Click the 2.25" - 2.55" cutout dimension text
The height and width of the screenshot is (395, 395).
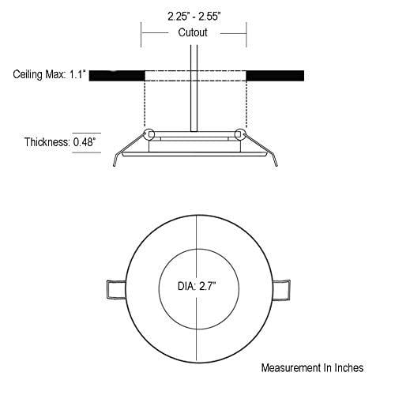194,17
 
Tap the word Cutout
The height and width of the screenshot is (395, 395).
193,32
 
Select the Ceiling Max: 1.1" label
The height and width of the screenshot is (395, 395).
50,74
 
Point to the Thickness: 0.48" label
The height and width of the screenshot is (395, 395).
59,142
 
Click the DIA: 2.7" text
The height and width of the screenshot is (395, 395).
197,286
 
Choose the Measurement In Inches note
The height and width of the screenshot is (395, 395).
312,367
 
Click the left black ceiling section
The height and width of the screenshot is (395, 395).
117,76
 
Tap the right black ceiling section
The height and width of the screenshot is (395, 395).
275,76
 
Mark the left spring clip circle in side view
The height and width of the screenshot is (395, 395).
149,134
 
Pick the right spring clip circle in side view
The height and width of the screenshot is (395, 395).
239,134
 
